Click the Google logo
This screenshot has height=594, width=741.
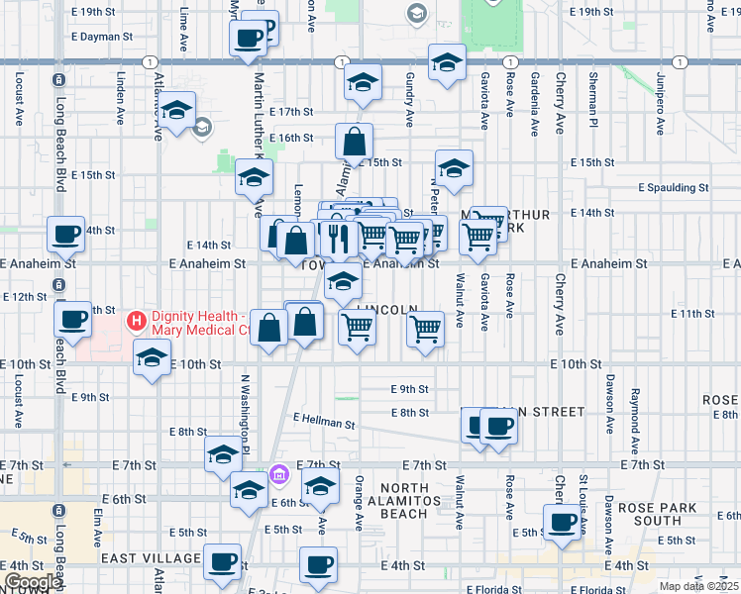click(x=32, y=582)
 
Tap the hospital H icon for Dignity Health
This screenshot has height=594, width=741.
click(x=136, y=322)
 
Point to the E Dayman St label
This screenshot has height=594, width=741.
click(x=102, y=37)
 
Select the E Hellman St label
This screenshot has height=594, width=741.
click(x=323, y=423)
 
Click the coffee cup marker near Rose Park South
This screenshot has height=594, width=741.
click(x=563, y=523)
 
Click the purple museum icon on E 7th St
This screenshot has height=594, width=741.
click(x=280, y=475)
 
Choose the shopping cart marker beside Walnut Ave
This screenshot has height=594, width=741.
click(x=426, y=330)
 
